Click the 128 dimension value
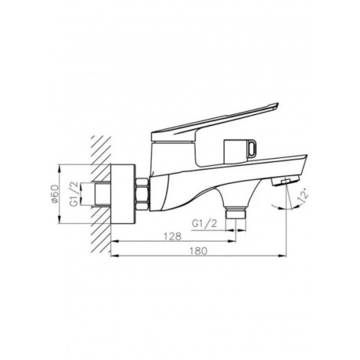[172, 236]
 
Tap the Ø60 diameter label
[54, 194]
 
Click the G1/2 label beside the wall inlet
[74, 194]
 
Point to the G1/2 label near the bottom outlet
[204, 224]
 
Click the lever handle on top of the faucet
[214, 122]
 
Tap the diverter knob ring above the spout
[252, 147]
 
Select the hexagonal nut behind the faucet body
[142, 194]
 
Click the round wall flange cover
[123, 194]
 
